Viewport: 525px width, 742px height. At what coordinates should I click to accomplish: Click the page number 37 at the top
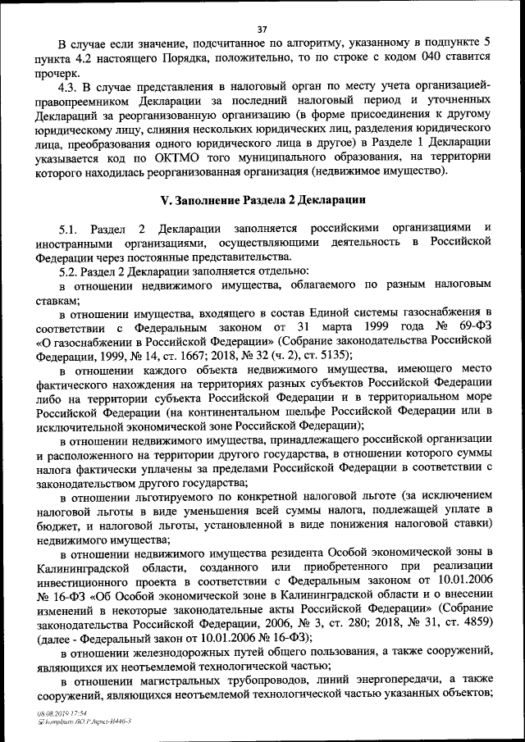tap(262, 30)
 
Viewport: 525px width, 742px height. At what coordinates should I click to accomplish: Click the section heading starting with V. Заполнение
tap(262, 200)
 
